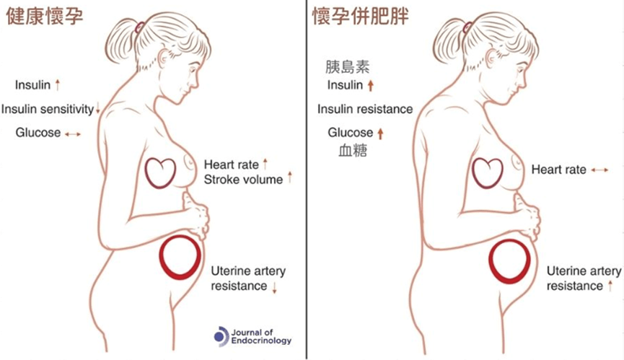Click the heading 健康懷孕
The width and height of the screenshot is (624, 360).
pos(45,17)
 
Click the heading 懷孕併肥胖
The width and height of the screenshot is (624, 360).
pos(361,17)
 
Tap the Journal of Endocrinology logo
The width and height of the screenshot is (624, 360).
pos(252,336)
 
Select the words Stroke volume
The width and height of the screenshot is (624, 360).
pos(243,180)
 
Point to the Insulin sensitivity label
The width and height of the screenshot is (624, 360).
pos(48,109)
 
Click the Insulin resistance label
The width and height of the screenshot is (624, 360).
pos(365,109)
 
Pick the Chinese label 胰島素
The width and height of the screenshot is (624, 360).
pos(347,67)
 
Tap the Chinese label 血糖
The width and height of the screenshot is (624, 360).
pos(353,151)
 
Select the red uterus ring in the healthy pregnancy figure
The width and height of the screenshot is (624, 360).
pos(161,257)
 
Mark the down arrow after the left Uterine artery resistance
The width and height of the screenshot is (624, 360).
pos(274,287)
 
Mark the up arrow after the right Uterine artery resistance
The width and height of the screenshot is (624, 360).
pos(610,286)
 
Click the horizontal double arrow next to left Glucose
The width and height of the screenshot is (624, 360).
pos(73,134)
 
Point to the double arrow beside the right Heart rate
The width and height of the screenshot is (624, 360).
pos(599,170)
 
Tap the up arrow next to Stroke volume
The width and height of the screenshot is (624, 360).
pos(290,177)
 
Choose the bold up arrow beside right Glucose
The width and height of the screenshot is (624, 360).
pos(380,133)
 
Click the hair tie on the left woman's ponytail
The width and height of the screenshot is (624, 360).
pos(140,27)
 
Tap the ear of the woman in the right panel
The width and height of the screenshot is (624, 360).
pos(492,58)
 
